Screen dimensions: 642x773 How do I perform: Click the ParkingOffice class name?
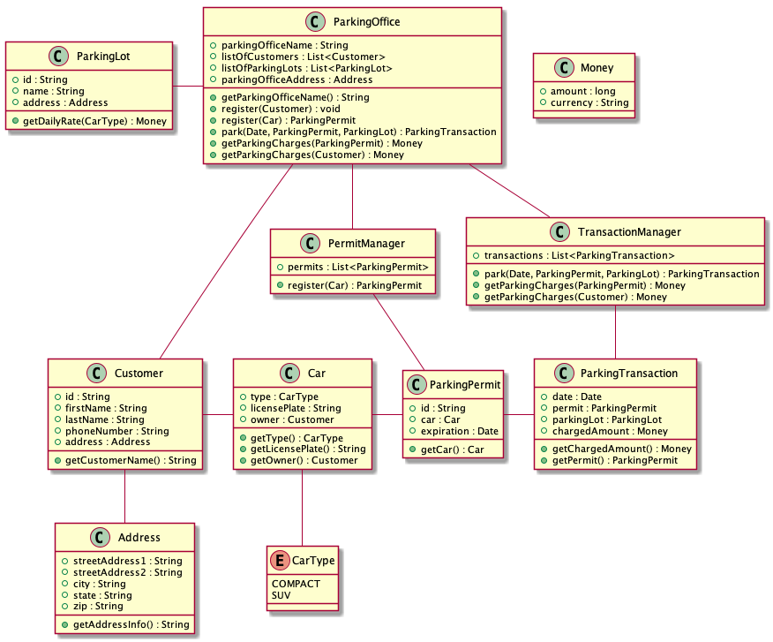[x=363, y=22]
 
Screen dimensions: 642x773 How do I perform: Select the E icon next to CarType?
[x=280, y=560]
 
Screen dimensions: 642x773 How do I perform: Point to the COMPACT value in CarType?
[x=296, y=584]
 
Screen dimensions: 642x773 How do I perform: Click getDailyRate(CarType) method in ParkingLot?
[x=91, y=121]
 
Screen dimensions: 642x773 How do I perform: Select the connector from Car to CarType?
[x=303, y=507]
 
